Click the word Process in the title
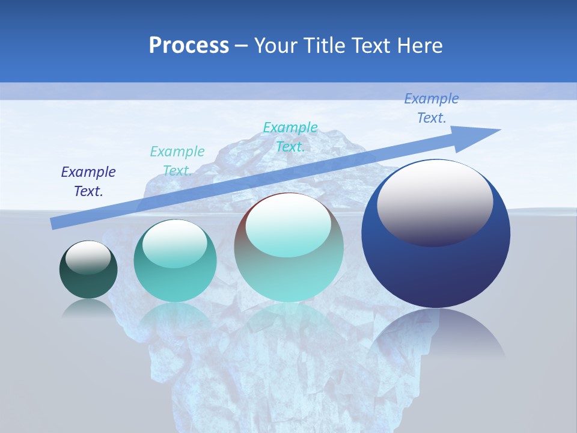pyautogui.click(x=189, y=46)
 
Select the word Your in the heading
pyautogui.click(x=275, y=46)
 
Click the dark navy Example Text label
pyautogui.click(x=88, y=182)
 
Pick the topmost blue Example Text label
pyautogui.click(x=432, y=108)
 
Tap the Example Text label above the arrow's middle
pyautogui.click(x=290, y=137)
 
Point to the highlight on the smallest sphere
pyautogui.click(x=88, y=257)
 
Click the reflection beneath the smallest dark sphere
pyautogui.click(x=88, y=307)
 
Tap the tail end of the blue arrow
pyautogui.click(x=55, y=224)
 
